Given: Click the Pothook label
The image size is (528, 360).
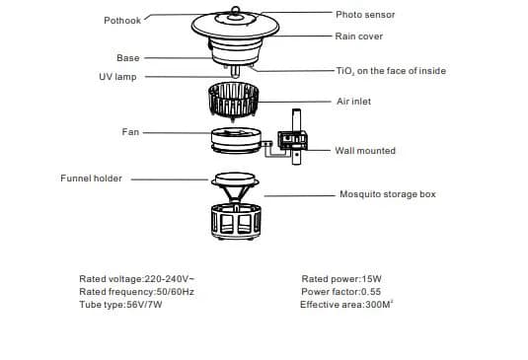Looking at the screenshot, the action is tap(122, 21).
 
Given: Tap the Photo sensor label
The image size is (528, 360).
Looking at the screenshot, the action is tap(365, 15).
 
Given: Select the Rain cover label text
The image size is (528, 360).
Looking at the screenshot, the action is tap(359, 36).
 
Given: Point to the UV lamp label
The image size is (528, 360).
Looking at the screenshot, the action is tap(117, 77).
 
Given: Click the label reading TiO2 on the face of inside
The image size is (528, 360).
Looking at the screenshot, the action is tap(391, 71).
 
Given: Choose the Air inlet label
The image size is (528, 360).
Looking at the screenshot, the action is tap(354, 102).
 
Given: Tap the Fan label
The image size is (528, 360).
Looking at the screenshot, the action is tap(130, 131).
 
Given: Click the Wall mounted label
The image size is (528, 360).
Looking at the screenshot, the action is tap(365, 151).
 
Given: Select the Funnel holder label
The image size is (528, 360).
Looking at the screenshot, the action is tap(91, 178).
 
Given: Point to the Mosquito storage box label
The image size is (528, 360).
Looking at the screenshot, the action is tap(388, 194).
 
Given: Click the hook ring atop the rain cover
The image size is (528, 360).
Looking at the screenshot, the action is tap(235, 10).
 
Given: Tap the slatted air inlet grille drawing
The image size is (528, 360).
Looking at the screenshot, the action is tap(233, 100).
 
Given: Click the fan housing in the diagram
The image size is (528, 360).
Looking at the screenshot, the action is tap(236, 140).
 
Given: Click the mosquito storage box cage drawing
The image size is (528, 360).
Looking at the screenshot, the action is tap(236, 221).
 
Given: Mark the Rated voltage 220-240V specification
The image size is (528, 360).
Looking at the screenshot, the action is tap(137, 279).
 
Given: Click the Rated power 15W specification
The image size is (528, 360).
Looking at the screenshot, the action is tap(341, 279).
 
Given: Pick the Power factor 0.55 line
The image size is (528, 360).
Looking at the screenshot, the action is tap(341, 292).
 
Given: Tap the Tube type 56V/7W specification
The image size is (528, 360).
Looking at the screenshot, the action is tap(120, 305).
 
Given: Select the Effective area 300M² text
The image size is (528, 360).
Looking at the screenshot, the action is tap(346, 305).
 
